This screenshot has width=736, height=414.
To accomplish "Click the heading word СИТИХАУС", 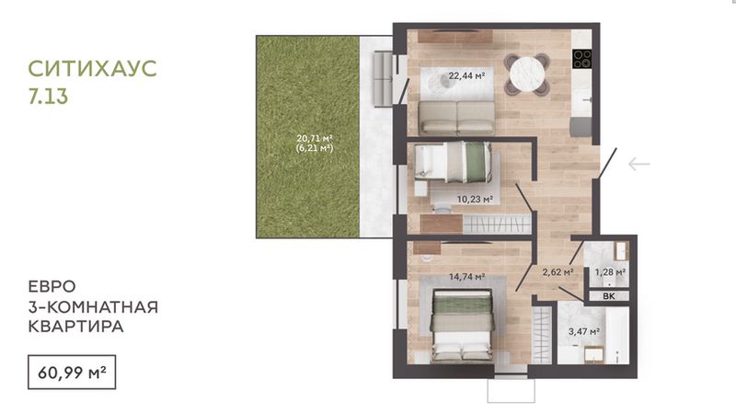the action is pos(93,68).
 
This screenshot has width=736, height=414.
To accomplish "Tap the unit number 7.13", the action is pos(49,97).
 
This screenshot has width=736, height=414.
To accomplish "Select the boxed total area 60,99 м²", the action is pos(72,373).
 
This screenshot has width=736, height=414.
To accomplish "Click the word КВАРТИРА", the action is pos(75,327).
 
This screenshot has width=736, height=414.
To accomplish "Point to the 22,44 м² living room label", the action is pos(466,75).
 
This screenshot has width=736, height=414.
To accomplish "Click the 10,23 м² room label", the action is pos(475,199).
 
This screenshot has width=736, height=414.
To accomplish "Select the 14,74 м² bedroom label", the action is pos(467,277).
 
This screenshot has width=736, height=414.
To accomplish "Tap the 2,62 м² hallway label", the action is pos(558,271).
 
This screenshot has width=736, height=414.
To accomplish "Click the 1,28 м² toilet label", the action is pos(610,271).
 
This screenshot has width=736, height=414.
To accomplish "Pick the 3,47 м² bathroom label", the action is pos(584,331).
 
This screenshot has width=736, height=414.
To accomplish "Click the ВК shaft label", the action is pos(609,296).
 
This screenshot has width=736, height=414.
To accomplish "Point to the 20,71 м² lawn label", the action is pos(315,139).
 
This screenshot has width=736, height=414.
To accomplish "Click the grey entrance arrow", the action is pos(639,165).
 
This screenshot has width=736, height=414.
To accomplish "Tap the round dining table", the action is pos(527,75).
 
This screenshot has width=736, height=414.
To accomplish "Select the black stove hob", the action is pos(582,59).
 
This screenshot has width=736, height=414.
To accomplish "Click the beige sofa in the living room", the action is pos(456,118).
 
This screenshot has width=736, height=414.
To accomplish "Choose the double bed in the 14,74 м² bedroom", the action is pos(463,326).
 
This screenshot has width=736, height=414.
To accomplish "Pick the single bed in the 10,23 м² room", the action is pos(453,162).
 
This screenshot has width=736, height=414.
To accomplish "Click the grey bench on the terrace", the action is pos(383,79).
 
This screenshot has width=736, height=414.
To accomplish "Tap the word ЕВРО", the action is pos(52,286).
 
